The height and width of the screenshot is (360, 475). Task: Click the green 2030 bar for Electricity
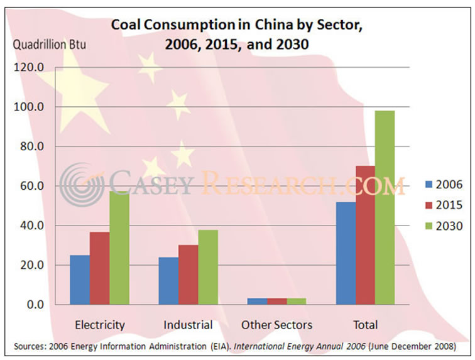120,248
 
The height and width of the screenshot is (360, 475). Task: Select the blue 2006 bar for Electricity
79,279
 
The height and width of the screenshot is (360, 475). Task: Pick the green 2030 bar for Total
385,207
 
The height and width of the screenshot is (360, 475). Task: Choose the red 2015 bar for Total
366,235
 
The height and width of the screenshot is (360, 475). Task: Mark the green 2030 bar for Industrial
208,267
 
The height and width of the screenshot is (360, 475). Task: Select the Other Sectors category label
276,325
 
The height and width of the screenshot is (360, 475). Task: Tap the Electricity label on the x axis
100,325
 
